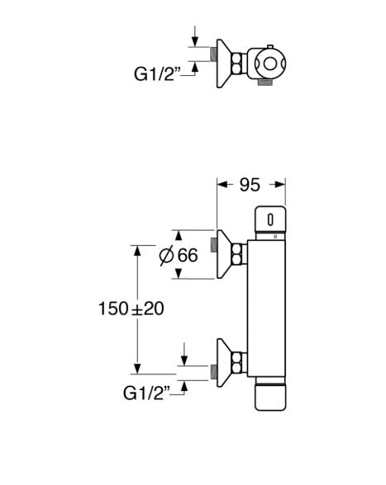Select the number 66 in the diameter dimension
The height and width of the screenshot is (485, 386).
tap(188, 255)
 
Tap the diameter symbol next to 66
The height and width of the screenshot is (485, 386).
tap(165, 256)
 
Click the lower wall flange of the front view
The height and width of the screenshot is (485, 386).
tap(225, 360)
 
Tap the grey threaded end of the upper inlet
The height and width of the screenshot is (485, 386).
tap(213, 244)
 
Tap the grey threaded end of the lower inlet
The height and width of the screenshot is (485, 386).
tap(213, 372)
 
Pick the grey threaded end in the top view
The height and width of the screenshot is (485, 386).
tap(213, 54)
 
